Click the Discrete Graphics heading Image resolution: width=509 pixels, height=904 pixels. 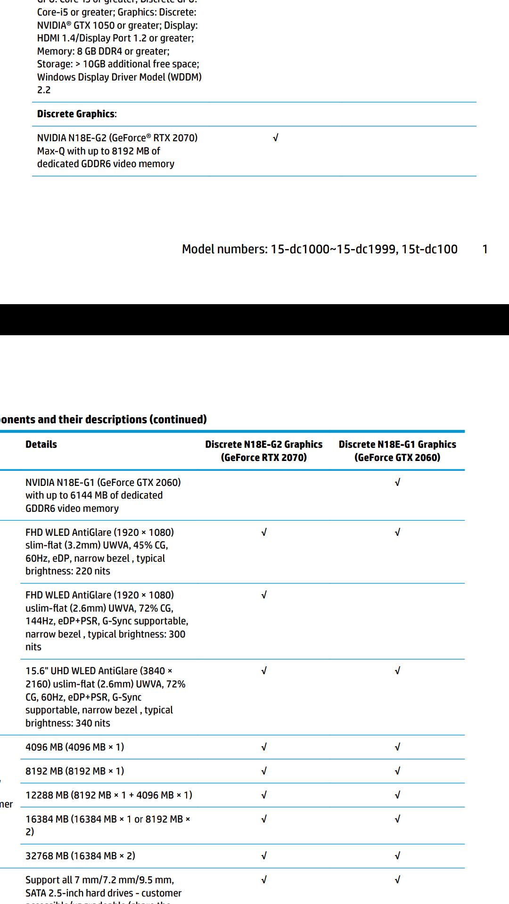click(x=77, y=114)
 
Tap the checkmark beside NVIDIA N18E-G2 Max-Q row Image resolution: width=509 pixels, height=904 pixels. click(x=276, y=138)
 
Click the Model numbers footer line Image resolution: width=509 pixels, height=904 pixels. click(x=320, y=249)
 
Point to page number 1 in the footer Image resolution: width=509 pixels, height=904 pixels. click(x=485, y=249)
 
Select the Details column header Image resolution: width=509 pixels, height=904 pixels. click(x=41, y=444)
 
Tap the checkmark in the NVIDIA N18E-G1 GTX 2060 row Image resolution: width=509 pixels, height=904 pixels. click(x=397, y=483)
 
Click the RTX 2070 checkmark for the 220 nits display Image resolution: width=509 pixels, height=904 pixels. click(x=264, y=533)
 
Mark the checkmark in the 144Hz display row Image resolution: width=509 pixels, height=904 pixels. click(x=264, y=595)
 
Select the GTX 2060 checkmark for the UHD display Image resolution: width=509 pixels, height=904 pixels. click(x=397, y=671)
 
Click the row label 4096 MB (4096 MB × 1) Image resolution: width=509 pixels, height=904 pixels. click(x=74, y=747)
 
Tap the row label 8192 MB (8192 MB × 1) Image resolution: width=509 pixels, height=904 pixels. click(x=74, y=771)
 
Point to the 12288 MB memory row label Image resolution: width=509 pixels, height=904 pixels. click(x=108, y=795)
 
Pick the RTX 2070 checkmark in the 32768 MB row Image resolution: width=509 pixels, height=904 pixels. click(x=264, y=856)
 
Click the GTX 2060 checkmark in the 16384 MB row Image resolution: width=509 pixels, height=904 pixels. click(x=397, y=819)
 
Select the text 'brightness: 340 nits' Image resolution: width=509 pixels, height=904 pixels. click(x=68, y=723)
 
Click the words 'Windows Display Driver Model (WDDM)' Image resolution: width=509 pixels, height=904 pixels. click(x=119, y=77)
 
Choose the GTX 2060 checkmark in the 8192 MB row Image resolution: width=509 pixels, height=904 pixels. click(x=397, y=771)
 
